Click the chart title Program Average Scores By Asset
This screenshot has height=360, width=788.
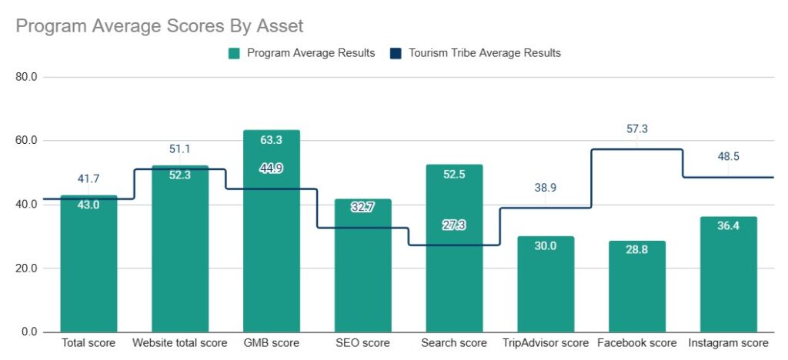(x=160, y=26)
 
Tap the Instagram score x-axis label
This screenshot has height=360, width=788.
(x=728, y=343)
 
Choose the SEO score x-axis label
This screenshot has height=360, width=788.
(x=362, y=343)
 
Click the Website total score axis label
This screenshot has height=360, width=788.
(x=180, y=343)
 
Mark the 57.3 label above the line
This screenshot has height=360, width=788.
(x=636, y=129)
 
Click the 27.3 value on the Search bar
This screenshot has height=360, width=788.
(x=454, y=225)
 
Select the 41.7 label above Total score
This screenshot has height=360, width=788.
(x=89, y=179)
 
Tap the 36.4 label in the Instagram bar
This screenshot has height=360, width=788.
(x=728, y=226)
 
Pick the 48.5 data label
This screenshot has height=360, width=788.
(x=728, y=157)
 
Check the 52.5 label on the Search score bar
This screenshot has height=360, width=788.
(x=454, y=175)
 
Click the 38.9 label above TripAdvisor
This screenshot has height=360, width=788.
(x=546, y=188)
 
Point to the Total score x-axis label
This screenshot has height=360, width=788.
(x=89, y=343)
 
